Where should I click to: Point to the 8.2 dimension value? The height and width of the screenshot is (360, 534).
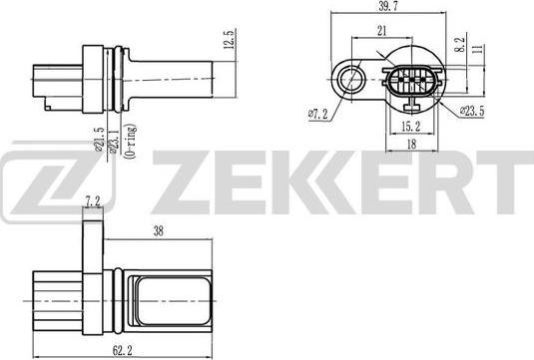pyautogui.click(x=457, y=45)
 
